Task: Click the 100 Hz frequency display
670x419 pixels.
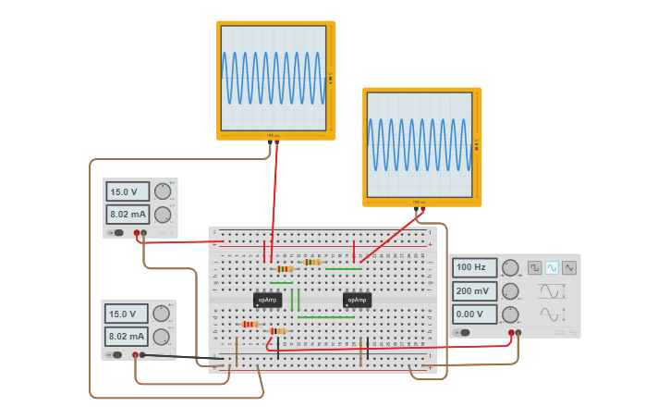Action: coord(474,267)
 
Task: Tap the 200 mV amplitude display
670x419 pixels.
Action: coord(474,290)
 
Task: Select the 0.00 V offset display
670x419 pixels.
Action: coord(474,314)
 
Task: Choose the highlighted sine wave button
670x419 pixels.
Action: coord(552,267)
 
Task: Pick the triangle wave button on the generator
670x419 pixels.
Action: coord(568,267)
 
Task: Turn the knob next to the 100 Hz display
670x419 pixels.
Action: coord(510,268)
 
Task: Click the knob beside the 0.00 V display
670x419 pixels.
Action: coord(510,314)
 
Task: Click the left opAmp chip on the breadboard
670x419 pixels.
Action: coord(267,300)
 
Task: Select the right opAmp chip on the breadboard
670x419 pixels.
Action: coord(357,300)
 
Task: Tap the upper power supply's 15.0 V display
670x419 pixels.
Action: coord(128,192)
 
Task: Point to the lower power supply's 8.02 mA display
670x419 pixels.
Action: coord(126,336)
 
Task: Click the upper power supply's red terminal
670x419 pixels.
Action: coord(136,233)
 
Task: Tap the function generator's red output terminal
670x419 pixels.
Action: coord(510,333)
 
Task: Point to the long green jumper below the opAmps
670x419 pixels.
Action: coord(325,317)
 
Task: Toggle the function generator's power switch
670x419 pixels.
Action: coord(464,332)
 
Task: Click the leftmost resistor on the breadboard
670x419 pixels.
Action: coord(249,325)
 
